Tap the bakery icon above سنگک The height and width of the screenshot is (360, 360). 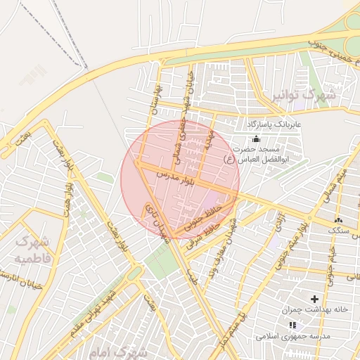click(338, 221)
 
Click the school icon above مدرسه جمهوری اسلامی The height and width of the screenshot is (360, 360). click(293, 325)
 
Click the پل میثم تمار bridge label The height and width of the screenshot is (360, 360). click(232, 330)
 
